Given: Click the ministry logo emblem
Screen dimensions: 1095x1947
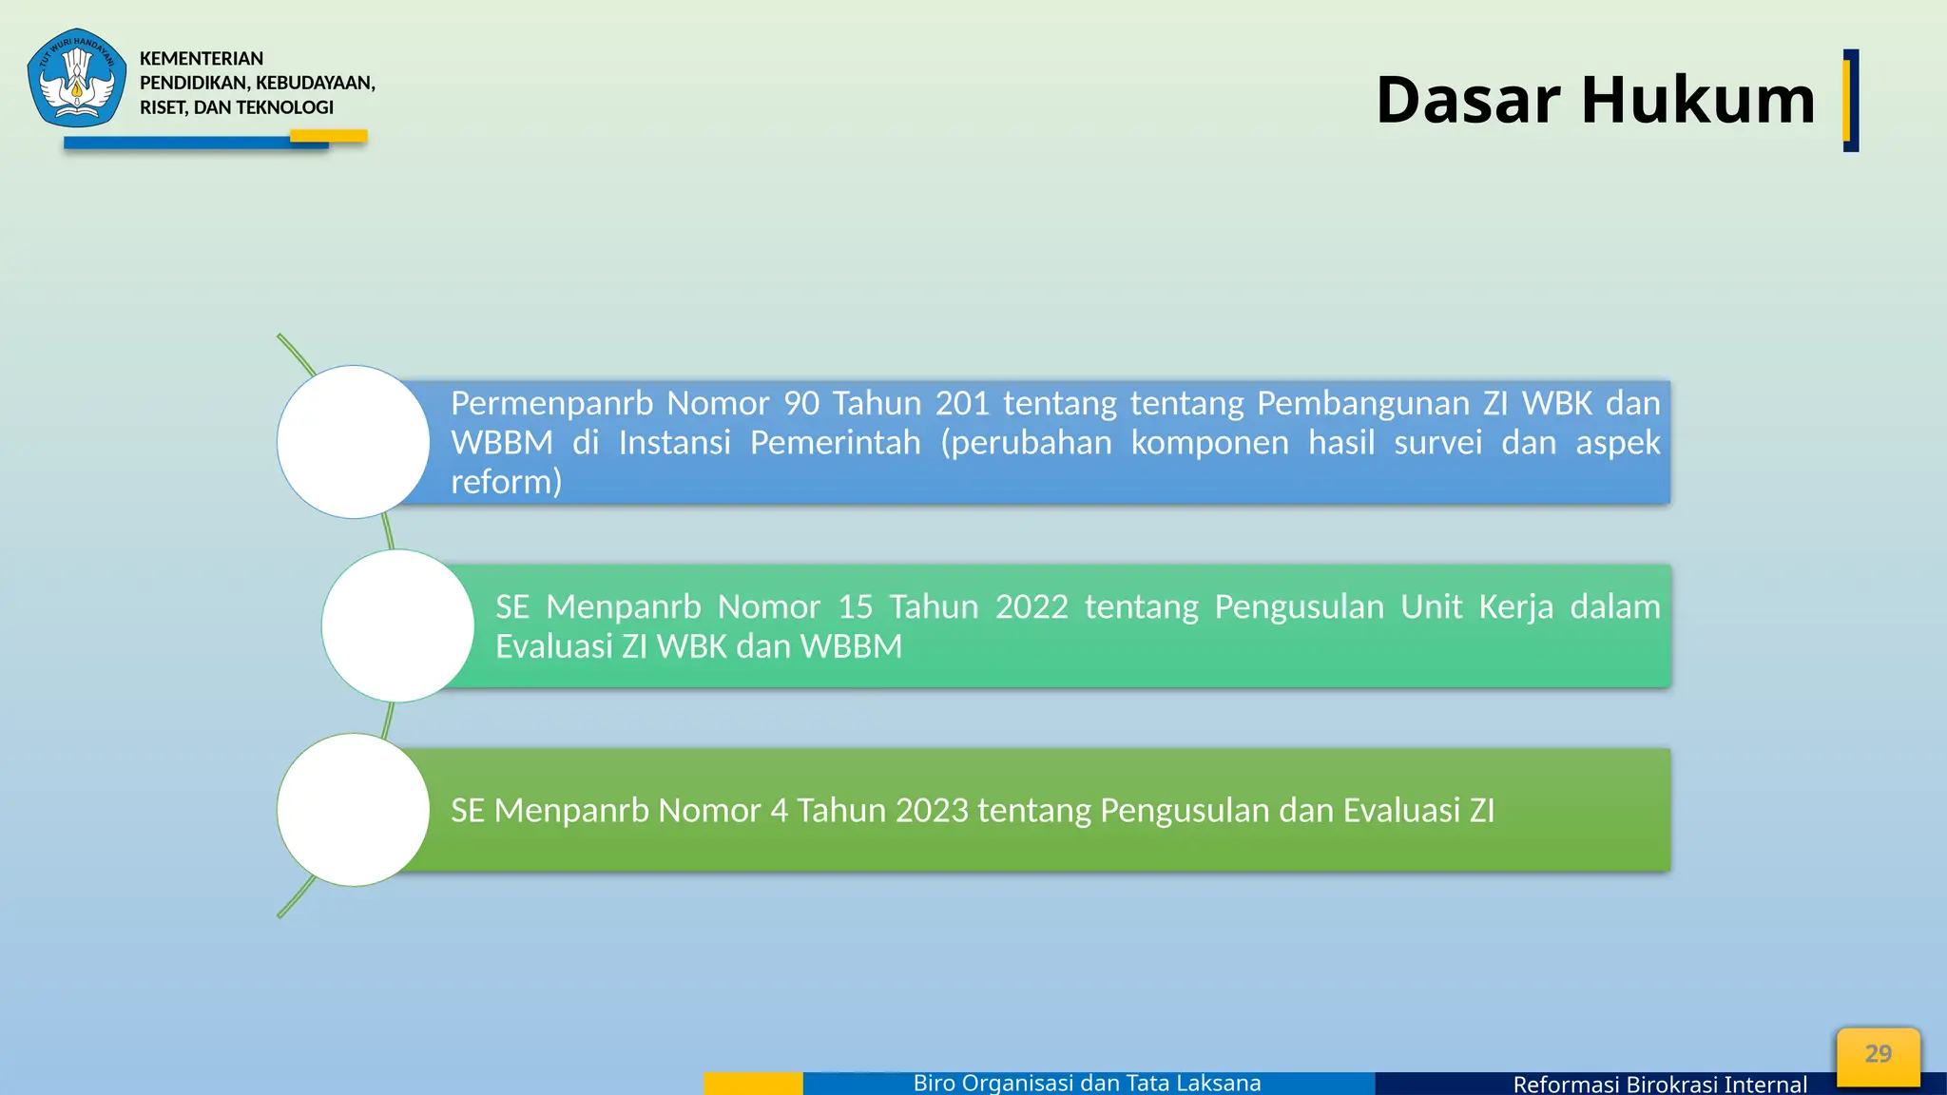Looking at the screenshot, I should point(77,78).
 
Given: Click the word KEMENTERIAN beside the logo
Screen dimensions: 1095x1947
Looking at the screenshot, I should point(202,59).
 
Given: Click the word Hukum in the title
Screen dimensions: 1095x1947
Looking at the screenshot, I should point(1698,100).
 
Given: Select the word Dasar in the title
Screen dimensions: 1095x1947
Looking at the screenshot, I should point(1468,100).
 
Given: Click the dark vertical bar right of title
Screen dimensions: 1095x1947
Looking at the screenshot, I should point(1850,100).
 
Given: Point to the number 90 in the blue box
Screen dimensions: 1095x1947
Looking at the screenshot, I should point(801,403).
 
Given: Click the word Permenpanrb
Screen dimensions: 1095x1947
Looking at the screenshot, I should point(551,403).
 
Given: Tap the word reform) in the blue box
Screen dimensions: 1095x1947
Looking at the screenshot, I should point(506,482).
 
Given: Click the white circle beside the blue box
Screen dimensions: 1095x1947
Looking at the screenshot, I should point(354,442).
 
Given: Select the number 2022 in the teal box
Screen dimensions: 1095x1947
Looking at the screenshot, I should point(1031,606).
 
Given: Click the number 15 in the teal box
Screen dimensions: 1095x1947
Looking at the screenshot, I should point(855,606).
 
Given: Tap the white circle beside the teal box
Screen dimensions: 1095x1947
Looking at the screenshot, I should point(397,625).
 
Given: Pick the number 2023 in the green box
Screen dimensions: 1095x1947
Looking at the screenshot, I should point(931,810).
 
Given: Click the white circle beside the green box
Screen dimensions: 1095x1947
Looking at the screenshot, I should point(354,810).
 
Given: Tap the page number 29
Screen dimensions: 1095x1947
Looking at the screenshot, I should point(1878,1054).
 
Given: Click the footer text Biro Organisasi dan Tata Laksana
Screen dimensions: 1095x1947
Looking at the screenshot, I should point(1087,1083).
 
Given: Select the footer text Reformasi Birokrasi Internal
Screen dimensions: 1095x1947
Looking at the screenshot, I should point(1659,1084).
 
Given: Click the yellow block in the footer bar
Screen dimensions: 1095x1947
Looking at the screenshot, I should point(753,1084).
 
